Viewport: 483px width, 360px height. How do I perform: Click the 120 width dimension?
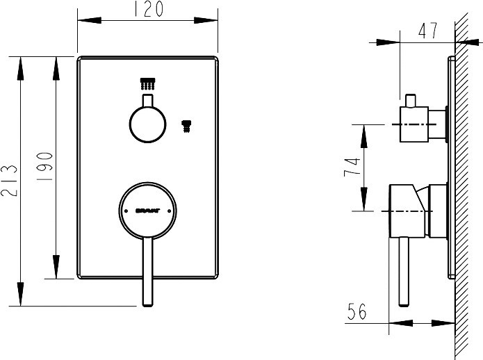148,9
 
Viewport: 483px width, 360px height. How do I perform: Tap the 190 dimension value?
44,166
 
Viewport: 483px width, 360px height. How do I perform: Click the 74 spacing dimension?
352,167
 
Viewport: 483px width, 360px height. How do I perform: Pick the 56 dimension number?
357,312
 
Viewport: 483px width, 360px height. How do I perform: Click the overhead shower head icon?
147,83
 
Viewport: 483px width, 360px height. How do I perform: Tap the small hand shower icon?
186,125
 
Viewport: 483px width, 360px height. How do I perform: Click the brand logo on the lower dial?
147,208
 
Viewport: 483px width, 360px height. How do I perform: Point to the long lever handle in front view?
147,271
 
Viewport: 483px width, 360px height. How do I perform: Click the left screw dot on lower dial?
125,208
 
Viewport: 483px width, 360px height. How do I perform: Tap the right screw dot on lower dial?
169,208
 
